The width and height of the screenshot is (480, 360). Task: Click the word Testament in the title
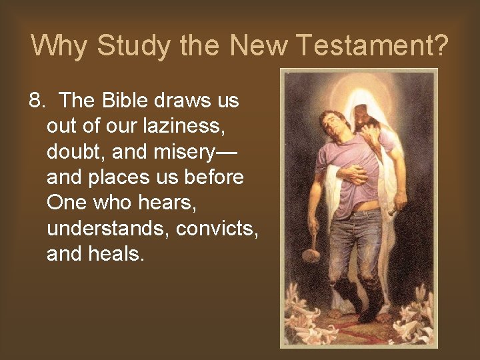click(x=363, y=45)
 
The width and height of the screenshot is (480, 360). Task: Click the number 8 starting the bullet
click(x=35, y=101)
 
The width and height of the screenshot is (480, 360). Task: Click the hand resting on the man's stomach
click(x=353, y=174)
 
